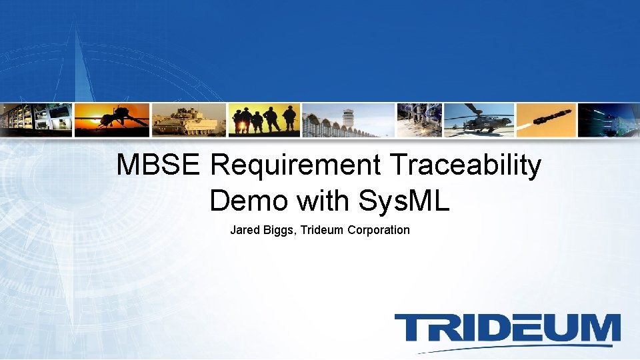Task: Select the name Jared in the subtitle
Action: pyautogui.click(x=245, y=230)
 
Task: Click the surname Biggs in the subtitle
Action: pyautogui.click(x=280, y=230)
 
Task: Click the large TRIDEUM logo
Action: pyautogui.click(x=507, y=330)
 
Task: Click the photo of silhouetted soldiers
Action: pyautogui.click(x=264, y=120)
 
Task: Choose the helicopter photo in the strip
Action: pyautogui.click(x=479, y=120)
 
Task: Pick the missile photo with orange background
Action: pyautogui.click(x=545, y=120)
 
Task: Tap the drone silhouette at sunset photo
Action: pyautogui.click(x=112, y=120)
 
